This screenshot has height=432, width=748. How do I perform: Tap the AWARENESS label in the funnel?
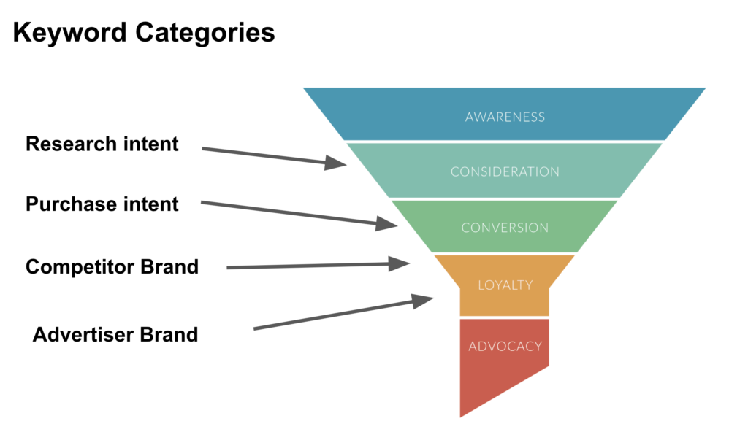[505, 117]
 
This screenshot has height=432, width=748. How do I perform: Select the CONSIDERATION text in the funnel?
[505, 172]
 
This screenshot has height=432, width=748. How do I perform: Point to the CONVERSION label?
[505, 228]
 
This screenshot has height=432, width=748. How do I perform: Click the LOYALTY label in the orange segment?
[505, 285]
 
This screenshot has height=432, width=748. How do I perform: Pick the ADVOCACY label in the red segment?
[505, 346]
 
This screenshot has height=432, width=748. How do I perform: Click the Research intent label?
[102, 144]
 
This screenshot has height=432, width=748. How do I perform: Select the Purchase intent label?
[102, 204]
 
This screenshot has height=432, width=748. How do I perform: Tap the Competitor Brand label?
[112, 266]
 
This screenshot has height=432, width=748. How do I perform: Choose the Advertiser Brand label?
[115, 334]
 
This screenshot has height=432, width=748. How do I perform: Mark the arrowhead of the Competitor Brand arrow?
[401, 263]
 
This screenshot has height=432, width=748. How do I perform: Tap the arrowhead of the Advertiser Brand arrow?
[424, 300]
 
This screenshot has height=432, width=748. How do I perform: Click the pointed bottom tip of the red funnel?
[461, 414]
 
